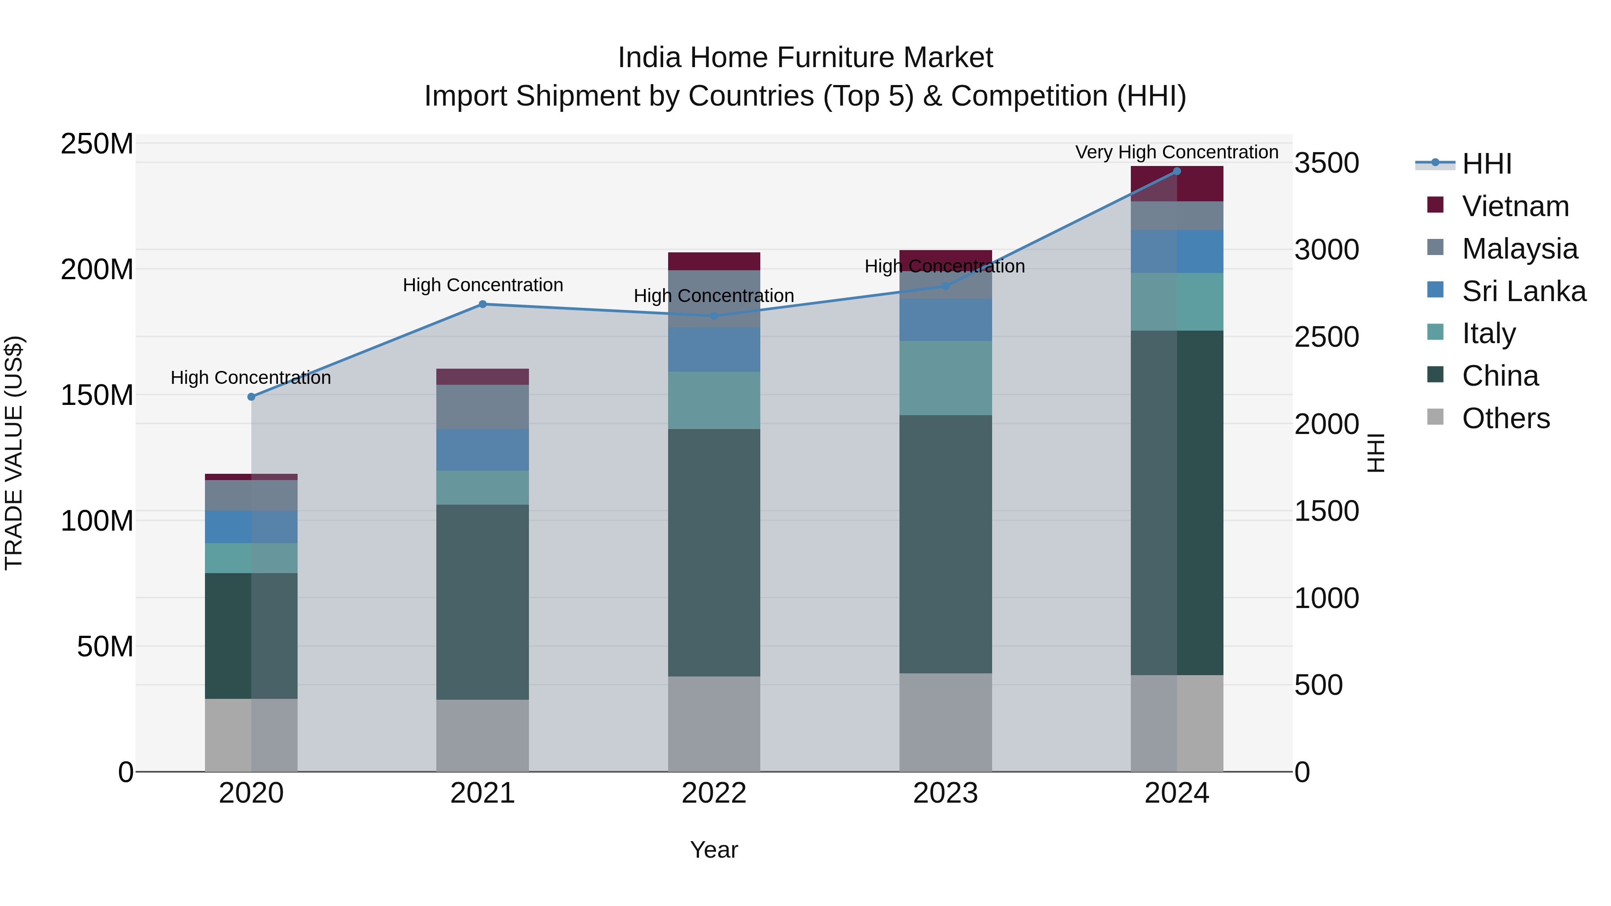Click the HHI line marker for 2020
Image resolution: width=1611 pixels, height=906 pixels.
click(x=251, y=397)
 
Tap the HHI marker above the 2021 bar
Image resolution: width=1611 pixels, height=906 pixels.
click(x=482, y=305)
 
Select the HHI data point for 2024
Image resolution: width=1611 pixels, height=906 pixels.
click(x=1176, y=171)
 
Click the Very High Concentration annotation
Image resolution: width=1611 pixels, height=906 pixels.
click(x=1176, y=152)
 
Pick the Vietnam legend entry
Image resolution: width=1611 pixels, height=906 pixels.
click(x=1515, y=206)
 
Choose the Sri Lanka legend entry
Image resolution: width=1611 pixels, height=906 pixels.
click(x=1523, y=291)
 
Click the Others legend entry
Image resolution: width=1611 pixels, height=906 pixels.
click(x=1505, y=418)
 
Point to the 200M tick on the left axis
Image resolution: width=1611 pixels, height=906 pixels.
click(x=97, y=269)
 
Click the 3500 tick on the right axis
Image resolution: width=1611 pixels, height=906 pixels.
click(x=1326, y=163)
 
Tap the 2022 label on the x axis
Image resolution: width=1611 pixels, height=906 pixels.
click(x=714, y=793)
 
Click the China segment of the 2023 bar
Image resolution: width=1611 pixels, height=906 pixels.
click(x=945, y=544)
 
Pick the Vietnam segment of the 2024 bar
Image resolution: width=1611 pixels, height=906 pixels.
click(x=1176, y=184)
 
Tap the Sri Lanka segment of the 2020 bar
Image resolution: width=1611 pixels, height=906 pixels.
click(x=251, y=527)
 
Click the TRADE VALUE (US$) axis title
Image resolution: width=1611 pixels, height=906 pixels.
click(x=14, y=453)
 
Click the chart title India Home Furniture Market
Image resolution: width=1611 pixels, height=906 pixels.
click(x=805, y=58)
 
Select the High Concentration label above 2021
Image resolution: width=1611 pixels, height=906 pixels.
click(x=482, y=285)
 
